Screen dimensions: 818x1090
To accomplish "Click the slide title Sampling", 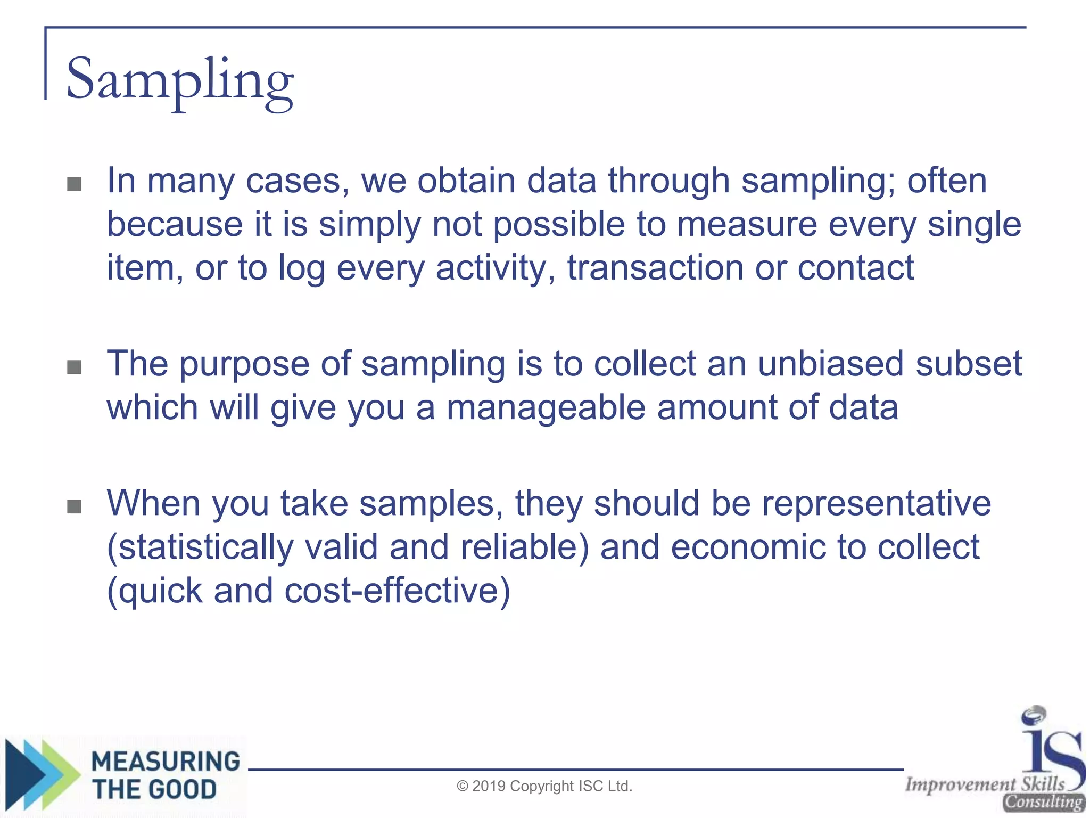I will coord(179,80).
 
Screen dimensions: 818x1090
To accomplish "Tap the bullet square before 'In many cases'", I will coord(74,184).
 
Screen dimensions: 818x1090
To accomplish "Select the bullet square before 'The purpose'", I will coord(74,367).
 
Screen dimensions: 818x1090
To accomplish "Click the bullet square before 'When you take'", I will coord(74,506).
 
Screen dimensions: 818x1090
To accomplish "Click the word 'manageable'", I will coord(546,408).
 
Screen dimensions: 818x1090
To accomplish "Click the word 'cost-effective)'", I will coord(397,591).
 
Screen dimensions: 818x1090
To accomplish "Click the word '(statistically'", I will coord(200,548).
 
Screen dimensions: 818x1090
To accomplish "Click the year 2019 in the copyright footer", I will coord(489,786).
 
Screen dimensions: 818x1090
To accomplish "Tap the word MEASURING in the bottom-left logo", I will coord(166,761).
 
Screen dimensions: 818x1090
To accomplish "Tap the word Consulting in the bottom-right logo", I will coord(1043,801).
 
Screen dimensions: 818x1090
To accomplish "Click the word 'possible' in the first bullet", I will coord(559,224).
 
